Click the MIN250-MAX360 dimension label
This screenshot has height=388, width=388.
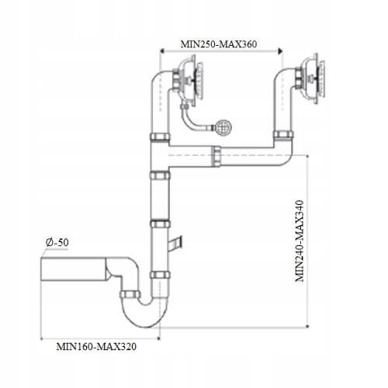click(x=219, y=44)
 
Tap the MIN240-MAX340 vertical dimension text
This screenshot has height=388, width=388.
click(x=300, y=241)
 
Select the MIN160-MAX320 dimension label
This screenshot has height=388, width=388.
click(x=96, y=347)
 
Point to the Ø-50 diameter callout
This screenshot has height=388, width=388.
click(x=57, y=242)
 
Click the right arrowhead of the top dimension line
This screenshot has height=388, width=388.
click(x=280, y=51)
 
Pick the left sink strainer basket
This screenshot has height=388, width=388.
click(x=190, y=80)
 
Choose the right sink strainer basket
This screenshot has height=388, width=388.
click(x=312, y=78)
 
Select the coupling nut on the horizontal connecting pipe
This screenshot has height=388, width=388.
click(x=217, y=156)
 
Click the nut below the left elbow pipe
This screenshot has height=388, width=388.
click(x=160, y=137)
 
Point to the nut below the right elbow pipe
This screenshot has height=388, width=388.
click(x=283, y=135)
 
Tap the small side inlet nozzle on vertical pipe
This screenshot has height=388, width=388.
click(x=175, y=243)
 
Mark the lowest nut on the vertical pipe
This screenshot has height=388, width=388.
click(x=160, y=275)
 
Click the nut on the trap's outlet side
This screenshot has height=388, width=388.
click(x=130, y=294)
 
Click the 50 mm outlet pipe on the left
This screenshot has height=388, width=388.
click(x=74, y=269)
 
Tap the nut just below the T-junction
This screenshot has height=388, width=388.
click(x=160, y=175)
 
